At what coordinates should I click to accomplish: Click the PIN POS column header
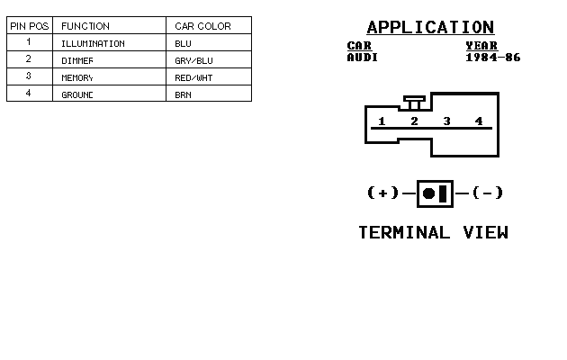click(x=29, y=26)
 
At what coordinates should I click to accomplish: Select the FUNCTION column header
click(x=85, y=26)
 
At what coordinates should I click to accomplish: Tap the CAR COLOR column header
click(x=202, y=26)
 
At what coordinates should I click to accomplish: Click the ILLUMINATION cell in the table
click(x=93, y=43)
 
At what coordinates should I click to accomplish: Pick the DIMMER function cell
click(x=78, y=60)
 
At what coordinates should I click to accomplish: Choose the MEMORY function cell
click(x=78, y=77)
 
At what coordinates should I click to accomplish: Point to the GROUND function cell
click(x=78, y=94)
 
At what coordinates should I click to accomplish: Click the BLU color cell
click(x=183, y=43)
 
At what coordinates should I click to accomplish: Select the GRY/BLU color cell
click(x=193, y=60)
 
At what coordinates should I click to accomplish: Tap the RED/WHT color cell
click(x=193, y=77)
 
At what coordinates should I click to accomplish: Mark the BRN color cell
click(x=183, y=94)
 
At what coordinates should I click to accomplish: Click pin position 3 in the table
click(x=29, y=76)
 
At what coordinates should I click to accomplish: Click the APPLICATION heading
click(x=430, y=28)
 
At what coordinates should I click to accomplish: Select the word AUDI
click(x=363, y=58)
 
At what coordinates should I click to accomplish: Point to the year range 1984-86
click(x=492, y=58)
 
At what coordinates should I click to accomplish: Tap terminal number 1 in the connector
click(x=382, y=121)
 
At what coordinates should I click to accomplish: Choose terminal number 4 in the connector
click(x=479, y=121)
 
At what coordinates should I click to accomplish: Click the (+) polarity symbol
click(x=382, y=193)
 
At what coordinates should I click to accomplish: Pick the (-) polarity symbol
click(x=487, y=193)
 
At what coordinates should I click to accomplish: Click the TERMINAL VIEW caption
click(x=433, y=232)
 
